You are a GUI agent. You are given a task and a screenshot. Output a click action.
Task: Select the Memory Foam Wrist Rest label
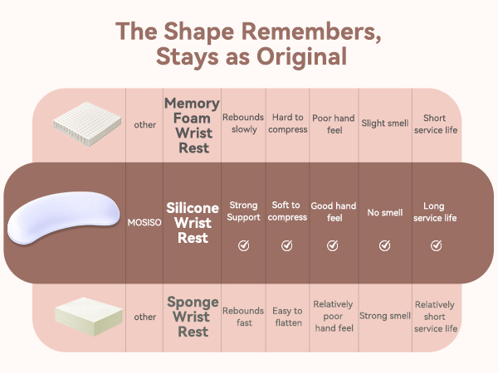[x=193, y=126]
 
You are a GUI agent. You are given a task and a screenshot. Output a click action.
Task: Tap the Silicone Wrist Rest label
[x=193, y=224]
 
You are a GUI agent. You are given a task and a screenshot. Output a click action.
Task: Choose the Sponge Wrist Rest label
[x=193, y=317]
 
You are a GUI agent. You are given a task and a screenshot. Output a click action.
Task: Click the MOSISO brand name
[x=144, y=224]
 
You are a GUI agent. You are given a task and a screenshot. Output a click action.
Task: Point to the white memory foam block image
[x=78, y=124]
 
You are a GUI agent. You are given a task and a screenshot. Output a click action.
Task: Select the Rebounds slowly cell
[x=243, y=124]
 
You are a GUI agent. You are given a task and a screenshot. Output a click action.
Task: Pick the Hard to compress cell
[x=288, y=124]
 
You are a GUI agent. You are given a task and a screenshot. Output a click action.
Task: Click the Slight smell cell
[x=384, y=124]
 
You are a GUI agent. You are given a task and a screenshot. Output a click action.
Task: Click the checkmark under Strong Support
[x=243, y=245]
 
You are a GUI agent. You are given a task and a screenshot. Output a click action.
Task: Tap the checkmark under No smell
[x=384, y=245]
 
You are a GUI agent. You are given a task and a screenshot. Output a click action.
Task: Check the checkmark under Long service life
[x=436, y=245]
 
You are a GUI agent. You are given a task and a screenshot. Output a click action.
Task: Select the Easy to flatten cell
[x=288, y=317]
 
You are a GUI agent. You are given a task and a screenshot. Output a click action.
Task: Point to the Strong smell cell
[x=385, y=317]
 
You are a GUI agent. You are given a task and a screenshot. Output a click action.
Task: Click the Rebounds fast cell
[x=243, y=317]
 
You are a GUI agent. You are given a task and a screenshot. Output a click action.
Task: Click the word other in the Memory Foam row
[x=144, y=124]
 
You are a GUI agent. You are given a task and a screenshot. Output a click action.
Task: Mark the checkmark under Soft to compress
[x=287, y=245]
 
